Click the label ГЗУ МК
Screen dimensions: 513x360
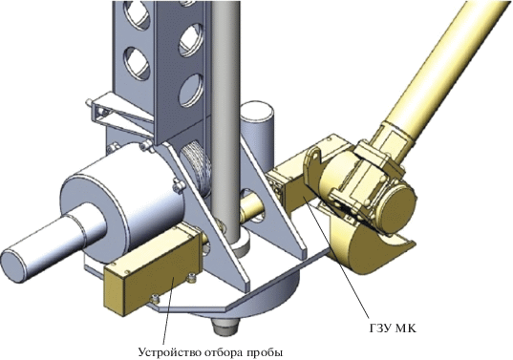click(393, 328)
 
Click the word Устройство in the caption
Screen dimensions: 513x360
click(169, 352)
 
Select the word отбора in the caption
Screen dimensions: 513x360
click(224, 352)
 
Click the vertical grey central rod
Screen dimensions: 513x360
click(225, 121)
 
